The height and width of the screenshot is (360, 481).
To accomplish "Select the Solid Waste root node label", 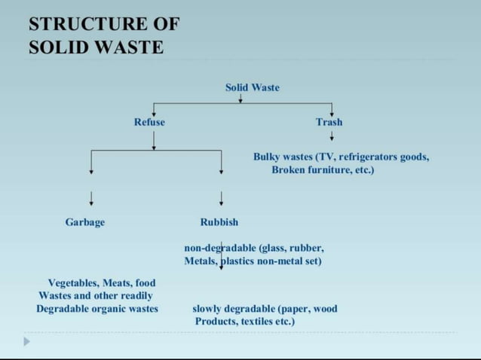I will pos(252,88).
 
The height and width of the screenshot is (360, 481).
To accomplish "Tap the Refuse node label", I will pos(149,122).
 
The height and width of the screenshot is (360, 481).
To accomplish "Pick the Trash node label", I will pos(329,122).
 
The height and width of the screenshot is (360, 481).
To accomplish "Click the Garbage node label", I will pos(85,222).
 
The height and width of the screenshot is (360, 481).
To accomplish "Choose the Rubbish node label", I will pos(219,222).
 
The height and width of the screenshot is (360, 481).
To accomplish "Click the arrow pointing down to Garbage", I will pos(91,198).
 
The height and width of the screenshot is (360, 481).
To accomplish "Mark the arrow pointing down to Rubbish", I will pos(221,198).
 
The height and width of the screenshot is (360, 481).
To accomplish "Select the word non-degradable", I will pos(220,247).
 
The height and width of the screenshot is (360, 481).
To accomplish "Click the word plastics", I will pos(240,261).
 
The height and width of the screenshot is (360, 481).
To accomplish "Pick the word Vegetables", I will pos(73,283).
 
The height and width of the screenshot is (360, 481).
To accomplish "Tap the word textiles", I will pos(256,322).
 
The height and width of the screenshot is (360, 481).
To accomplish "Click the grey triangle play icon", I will pos(27,341).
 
